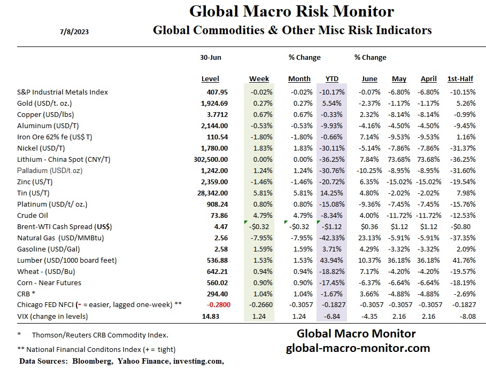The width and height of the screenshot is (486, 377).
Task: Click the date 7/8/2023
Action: coord(74,31)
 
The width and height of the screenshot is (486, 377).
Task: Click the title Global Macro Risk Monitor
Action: coord(292,11)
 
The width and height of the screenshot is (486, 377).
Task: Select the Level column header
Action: coord(210,79)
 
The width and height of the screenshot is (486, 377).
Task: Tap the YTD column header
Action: coord(331,79)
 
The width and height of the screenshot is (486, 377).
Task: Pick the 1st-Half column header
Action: coord(460,79)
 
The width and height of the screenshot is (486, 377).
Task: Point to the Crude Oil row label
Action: coord(33,215)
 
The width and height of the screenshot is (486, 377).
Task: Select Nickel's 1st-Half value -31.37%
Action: coord(461,148)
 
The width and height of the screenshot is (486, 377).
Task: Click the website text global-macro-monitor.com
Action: coord(358,348)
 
